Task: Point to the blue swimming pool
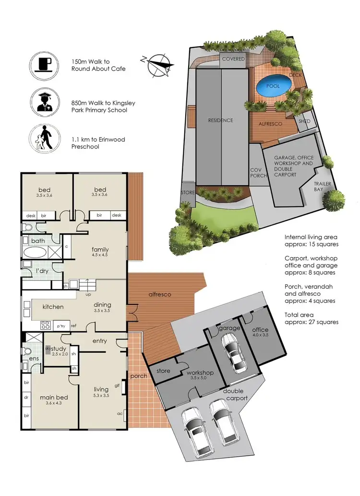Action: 274,87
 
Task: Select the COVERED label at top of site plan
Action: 233,59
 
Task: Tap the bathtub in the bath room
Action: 34,253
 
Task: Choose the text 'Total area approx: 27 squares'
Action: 311,318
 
